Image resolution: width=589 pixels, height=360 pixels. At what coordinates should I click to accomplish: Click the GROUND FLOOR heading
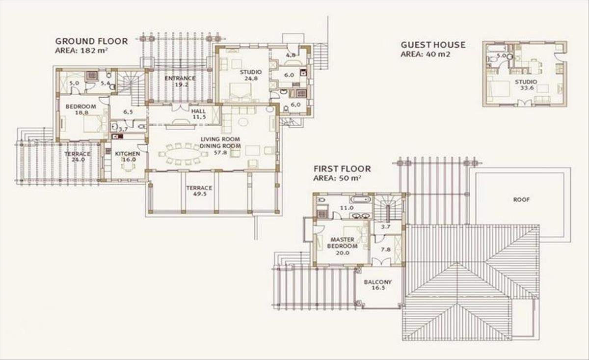pyautogui.click(x=91, y=41)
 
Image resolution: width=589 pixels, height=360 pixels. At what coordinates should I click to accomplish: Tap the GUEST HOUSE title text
pyautogui.click(x=433, y=45)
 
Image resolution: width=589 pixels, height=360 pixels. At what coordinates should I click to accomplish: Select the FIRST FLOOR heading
pyautogui.click(x=342, y=168)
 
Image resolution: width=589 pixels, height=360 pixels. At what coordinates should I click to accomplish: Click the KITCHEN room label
pyautogui.click(x=128, y=154)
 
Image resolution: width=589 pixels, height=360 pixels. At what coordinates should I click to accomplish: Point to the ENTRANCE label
pyautogui.click(x=180, y=78)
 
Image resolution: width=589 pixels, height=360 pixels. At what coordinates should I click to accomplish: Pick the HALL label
pyautogui.click(x=198, y=111)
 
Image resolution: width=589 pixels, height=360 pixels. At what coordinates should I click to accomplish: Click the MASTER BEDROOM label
pyautogui.click(x=342, y=243)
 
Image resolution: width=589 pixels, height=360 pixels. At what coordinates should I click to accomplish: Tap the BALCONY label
pyautogui.click(x=378, y=282)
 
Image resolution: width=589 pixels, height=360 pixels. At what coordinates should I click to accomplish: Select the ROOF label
pyautogui.click(x=521, y=200)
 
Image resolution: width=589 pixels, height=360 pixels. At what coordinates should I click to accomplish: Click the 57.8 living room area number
pyautogui.click(x=220, y=152)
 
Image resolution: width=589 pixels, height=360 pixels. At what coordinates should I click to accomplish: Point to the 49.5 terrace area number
pyautogui.click(x=200, y=194)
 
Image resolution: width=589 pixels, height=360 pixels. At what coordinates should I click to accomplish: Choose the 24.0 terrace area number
pyautogui.click(x=78, y=160)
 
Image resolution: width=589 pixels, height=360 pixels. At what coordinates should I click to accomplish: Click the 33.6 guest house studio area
pyautogui.click(x=527, y=88)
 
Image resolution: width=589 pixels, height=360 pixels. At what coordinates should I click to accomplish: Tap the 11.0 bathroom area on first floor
pyautogui.click(x=347, y=208)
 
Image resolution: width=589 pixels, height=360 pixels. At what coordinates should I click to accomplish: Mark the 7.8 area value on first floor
pyautogui.click(x=386, y=249)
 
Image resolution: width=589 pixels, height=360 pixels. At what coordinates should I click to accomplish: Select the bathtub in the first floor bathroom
pyautogui.click(x=360, y=200)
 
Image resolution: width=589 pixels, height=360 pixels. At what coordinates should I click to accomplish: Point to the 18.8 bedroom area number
pyautogui.click(x=81, y=112)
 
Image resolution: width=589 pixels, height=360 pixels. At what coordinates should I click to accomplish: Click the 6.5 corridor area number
pyautogui.click(x=128, y=112)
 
